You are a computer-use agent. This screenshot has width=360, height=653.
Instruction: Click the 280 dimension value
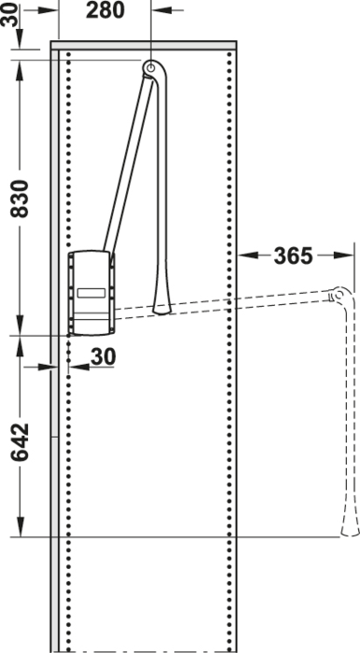104,10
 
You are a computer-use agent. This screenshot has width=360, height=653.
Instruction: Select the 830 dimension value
20,198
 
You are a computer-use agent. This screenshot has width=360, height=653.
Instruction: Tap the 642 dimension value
20,442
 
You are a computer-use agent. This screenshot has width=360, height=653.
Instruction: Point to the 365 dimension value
293,256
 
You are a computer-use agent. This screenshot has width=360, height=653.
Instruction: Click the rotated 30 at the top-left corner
9,14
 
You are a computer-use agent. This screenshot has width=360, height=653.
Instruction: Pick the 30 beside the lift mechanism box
103,357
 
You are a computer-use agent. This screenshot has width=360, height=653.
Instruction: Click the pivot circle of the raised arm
151,66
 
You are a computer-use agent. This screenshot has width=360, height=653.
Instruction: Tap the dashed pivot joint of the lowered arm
339,295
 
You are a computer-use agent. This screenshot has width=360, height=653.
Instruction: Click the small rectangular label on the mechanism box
91,293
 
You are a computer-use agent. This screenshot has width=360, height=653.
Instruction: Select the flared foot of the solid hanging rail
162,307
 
